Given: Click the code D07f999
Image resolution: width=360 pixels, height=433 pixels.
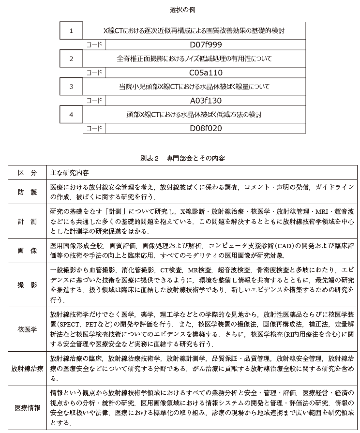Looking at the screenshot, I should tap(206, 45).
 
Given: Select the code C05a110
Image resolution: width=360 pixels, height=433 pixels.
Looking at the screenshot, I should tap(206, 73).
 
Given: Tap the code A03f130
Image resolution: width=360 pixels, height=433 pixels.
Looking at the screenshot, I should tap(206, 101).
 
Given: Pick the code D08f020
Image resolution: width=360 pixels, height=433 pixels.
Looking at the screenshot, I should tap(206, 129).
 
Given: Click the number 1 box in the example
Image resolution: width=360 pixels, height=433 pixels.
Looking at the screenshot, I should tap(71, 31).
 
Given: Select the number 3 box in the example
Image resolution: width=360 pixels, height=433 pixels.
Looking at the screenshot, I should tap(71, 87).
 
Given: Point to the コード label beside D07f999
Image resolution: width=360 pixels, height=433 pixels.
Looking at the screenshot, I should tap(94, 45).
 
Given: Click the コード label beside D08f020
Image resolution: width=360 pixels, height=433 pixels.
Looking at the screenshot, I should tap(94, 129).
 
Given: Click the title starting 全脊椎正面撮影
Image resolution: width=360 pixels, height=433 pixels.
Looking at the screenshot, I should tap(194, 59).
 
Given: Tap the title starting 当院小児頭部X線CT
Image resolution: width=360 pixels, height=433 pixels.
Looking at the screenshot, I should tap(194, 87).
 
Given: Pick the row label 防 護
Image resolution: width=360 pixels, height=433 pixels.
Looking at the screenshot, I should tap(27, 192).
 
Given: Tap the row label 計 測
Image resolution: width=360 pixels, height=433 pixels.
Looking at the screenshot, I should tap(27, 221).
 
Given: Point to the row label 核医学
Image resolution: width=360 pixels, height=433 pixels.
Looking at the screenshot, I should tap(27, 329).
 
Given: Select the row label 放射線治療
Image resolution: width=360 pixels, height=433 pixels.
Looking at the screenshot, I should tap(27, 368).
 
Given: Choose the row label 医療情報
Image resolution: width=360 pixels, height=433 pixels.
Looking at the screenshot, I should tap(27, 407).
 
